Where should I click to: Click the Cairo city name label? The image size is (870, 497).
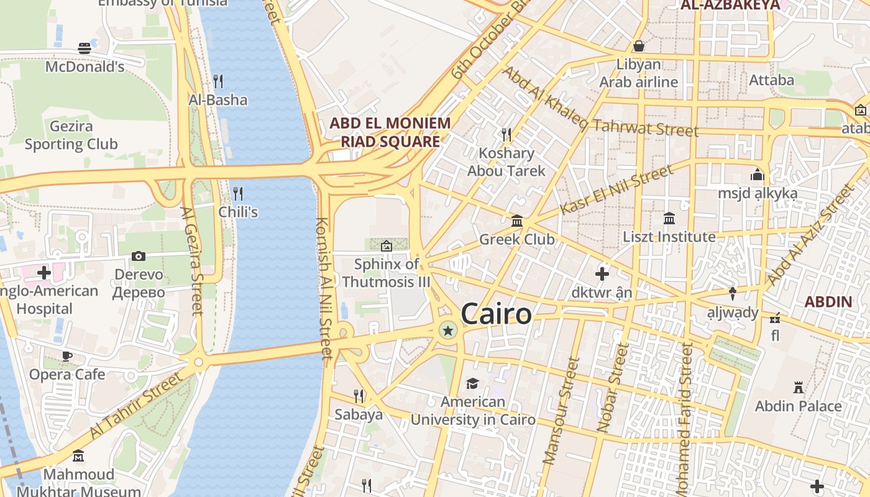pos(496,314)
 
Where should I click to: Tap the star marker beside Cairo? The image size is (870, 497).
pos(447,331)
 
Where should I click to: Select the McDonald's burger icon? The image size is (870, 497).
pos(85,48)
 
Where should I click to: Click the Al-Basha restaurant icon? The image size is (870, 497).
pos(218,81)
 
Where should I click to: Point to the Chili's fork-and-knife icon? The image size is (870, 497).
pos(237,193)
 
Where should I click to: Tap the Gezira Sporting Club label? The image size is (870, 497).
pos(71,135)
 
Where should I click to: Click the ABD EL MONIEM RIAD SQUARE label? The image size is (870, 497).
pos(390,132)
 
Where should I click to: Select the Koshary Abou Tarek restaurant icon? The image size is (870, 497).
pos(506,134)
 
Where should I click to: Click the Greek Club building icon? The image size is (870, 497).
pos(516,221)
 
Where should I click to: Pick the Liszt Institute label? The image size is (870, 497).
pos(669,237)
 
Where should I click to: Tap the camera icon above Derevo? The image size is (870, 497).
pos(139,256)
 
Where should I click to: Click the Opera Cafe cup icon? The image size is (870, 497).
pos(66,356)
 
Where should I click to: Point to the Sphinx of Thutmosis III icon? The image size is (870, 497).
pos(386,246)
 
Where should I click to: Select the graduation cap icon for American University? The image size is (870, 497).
pos(472,383)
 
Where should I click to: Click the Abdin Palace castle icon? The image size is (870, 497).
pos(799,388)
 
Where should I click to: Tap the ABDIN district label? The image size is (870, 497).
pos(828,303)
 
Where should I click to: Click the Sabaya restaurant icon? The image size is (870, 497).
pos(359,395)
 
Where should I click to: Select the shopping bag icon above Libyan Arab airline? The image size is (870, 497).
pos(638,46)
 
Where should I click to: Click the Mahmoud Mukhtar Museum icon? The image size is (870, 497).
pos(78,456)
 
